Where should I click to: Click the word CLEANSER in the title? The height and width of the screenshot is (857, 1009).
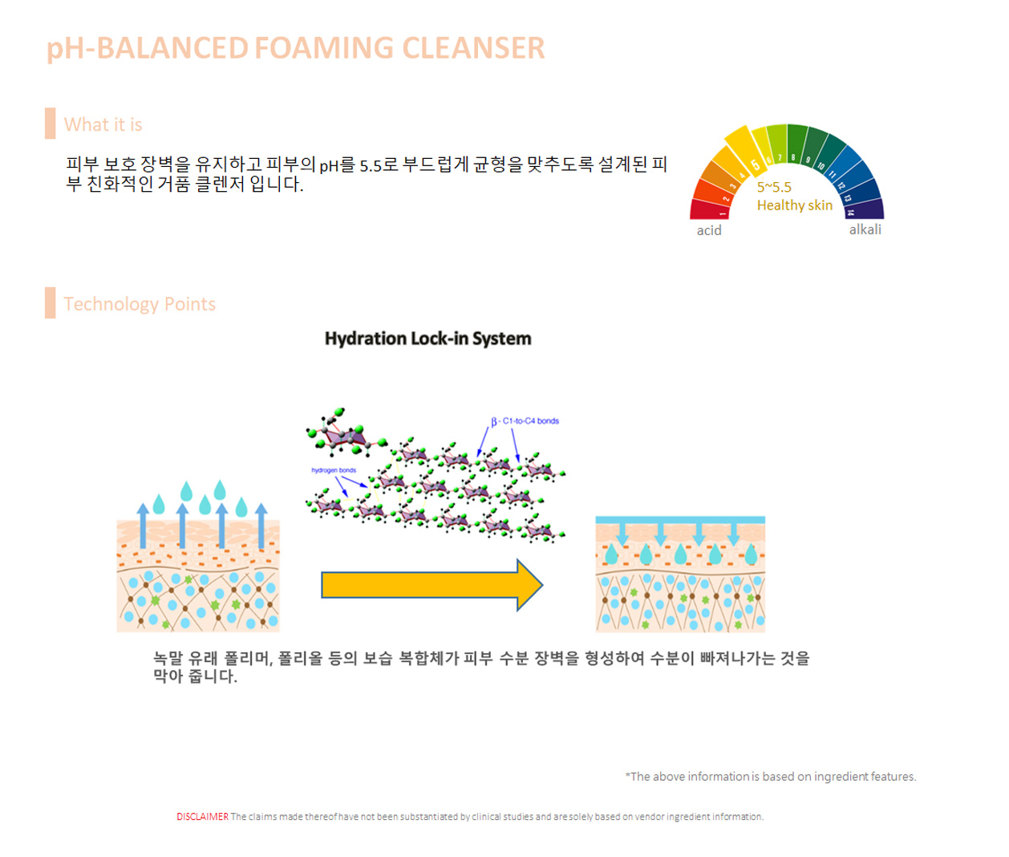click(x=473, y=48)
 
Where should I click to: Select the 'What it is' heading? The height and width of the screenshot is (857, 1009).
click(x=103, y=124)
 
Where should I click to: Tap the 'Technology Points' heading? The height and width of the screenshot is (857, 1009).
click(x=140, y=304)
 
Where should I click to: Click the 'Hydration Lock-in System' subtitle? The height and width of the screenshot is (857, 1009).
click(x=428, y=339)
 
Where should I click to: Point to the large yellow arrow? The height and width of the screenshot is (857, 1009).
click(x=432, y=585)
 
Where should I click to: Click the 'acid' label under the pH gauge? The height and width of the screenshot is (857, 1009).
click(x=709, y=230)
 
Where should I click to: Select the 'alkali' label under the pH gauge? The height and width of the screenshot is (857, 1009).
click(x=865, y=229)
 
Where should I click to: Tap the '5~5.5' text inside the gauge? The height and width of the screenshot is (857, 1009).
click(x=774, y=187)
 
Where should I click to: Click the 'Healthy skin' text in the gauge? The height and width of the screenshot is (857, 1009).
click(x=795, y=205)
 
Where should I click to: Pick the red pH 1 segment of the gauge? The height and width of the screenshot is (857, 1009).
click(x=709, y=210)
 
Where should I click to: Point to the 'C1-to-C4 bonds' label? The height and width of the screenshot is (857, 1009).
click(x=530, y=420)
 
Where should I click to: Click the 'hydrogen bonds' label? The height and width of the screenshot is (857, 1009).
click(x=334, y=470)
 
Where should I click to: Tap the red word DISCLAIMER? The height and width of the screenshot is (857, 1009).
click(x=202, y=817)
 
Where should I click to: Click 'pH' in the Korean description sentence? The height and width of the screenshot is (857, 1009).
click(x=328, y=166)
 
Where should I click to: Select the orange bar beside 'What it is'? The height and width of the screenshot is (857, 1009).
click(x=51, y=124)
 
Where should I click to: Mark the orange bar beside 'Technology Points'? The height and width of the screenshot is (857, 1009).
click(x=51, y=303)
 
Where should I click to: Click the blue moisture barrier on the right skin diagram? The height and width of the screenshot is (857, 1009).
click(x=680, y=520)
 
